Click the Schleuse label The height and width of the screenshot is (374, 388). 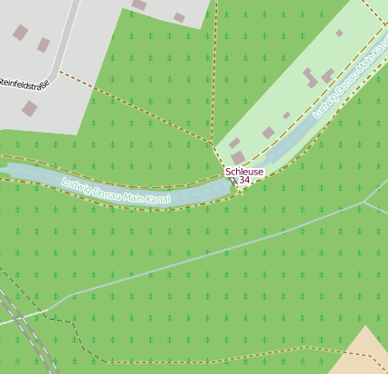pos(244,171)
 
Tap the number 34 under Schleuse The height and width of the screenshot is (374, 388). pos(244,181)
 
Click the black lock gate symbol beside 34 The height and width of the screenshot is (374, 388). pos(233,181)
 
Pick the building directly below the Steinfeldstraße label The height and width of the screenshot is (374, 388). pos(30,108)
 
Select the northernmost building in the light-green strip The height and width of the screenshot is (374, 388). pos(339,33)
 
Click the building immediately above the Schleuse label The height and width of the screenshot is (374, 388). pos(238,158)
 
